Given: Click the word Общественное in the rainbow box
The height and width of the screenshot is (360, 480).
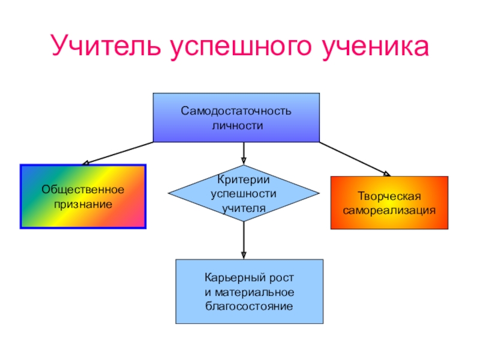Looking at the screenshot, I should pyautogui.click(x=83, y=190).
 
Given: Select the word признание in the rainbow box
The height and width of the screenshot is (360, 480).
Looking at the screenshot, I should pyautogui.click(x=83, y=204).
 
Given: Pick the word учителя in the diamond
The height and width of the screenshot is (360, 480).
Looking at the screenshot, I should pyautogui.click(x=243, y=208).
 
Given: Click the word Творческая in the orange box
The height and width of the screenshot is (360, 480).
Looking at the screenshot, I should pyautogui.click(x=389, y=197).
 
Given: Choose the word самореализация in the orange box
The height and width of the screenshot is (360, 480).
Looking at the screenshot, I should pyautogui.click(x=389, y=211).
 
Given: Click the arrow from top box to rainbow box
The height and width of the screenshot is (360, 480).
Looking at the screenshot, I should pyautogui.click(x=117, y=153).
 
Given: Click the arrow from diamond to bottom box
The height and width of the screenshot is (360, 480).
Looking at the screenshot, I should pyautogui.click(x=243, y=240).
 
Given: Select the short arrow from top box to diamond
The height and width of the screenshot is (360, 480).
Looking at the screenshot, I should pyautogui.click(x=243, y=153).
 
